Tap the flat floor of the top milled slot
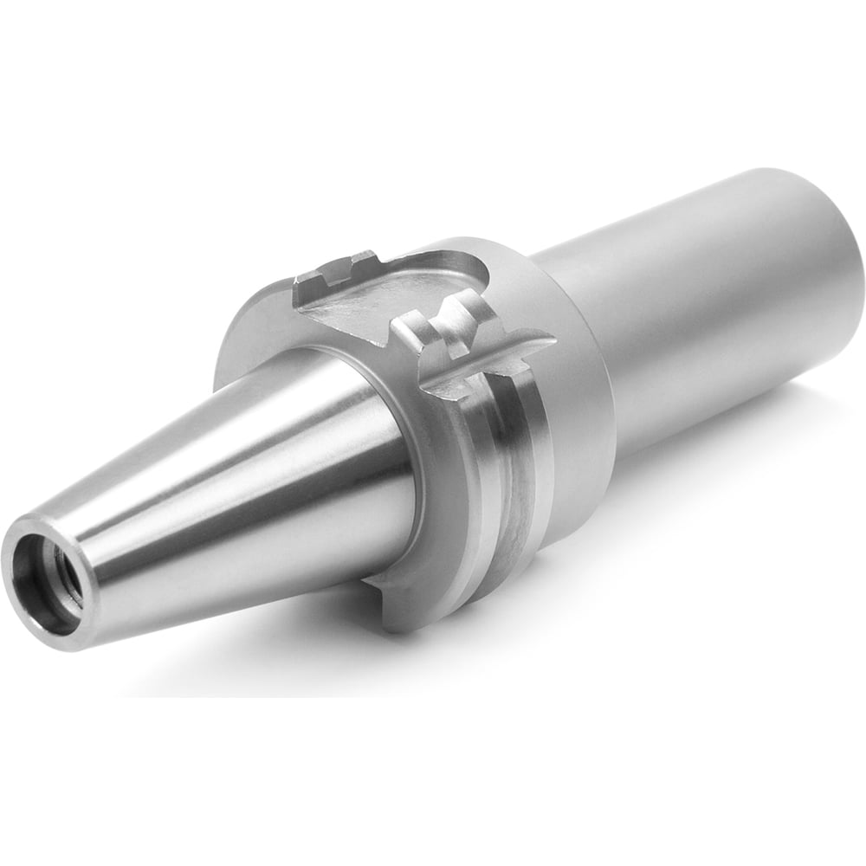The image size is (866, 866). click(x=390, y=294)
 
